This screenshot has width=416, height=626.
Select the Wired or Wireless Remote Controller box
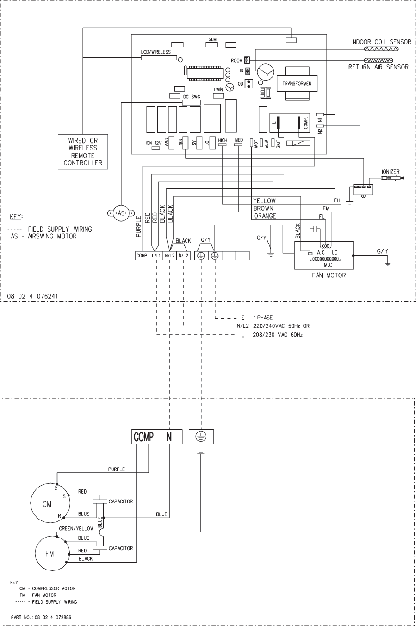pyautogui.click(x=83, y=151)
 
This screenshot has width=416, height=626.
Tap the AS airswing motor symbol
pyautogui.click(x=120, y=213)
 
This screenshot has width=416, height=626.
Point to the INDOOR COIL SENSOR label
pyautogui.click(x=381, y=42)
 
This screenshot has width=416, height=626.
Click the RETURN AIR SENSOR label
pyautogui.click(x=378, y=67)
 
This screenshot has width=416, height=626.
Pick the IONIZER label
pyautogui.click(x=390, y=172)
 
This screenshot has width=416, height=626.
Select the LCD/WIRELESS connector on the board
pyautogui.click(x=155, y=57)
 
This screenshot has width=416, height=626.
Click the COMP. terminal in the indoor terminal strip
pyautogui.click(x=142, y=256)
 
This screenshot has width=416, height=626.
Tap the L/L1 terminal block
pyautogui.click(x=155, y=256)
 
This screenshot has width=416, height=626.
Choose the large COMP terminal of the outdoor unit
pyautogui.click(x=143, y=437)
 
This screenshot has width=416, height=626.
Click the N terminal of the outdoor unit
pyautogui.click(x=169, y=437)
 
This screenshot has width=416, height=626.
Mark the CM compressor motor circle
pyautogui.click(x=47, y=504)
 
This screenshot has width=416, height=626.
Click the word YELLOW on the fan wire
pyautogui.click(x=265, y=201)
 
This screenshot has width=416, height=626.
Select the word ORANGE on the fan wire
pyautogui.click(x=265, y=216)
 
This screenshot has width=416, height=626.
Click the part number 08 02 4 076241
pyautogui.click(x=33, y=294)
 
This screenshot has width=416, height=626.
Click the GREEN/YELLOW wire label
pyautogui.click(x=76, y=528)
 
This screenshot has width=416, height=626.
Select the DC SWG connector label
pyautogui.click(x=192, y=96)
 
